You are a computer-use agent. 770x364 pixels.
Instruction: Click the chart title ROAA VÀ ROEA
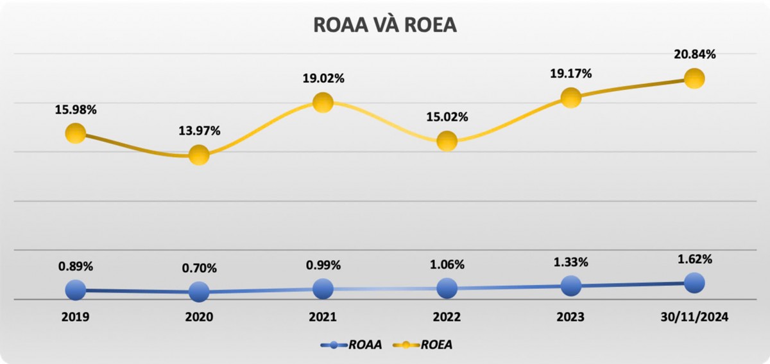pos(384,24)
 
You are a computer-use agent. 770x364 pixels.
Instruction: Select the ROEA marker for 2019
pos(76,134)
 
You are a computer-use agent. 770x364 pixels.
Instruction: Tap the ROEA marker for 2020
pos(199,155)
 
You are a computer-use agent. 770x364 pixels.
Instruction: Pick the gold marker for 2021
pos(323,102)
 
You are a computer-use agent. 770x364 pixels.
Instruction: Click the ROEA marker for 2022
pos(447,141)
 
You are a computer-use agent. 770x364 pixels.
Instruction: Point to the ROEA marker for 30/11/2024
pos(694,78)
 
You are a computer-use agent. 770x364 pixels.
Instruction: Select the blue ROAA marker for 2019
pos(76,290)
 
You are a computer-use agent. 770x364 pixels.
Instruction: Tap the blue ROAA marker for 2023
pos(570,286)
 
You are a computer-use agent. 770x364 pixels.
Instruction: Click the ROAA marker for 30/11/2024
pos(694,282)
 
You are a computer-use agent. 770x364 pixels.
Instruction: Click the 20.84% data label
pos(694,55)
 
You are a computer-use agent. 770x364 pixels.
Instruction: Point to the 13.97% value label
pos(199,131)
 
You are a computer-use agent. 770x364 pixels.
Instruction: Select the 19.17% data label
pos(570,74)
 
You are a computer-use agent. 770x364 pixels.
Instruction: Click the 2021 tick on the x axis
pos(323,317)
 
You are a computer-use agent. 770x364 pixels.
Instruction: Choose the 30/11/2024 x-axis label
pos(694,317)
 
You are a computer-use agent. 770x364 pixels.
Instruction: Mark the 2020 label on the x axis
pos(199,317)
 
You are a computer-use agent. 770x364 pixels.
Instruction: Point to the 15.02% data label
pos(447,117)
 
